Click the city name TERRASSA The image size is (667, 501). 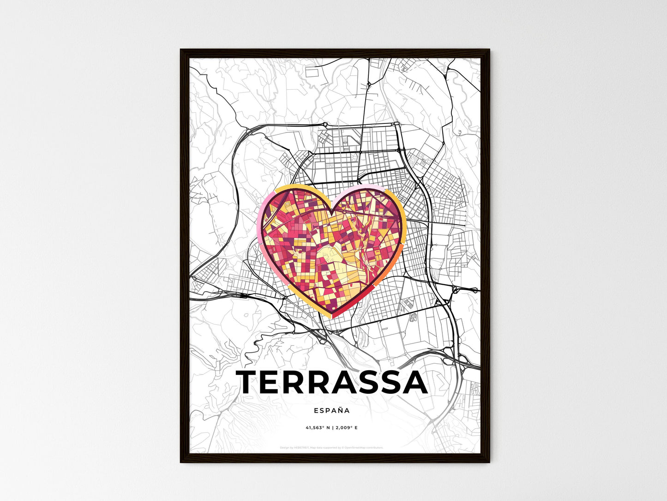[332, 382]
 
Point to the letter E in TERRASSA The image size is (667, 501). [276, 382]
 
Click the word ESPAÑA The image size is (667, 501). [331, 410]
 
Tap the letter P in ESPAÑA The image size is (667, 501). [326, 410]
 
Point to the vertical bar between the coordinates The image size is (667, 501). [332, 428]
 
